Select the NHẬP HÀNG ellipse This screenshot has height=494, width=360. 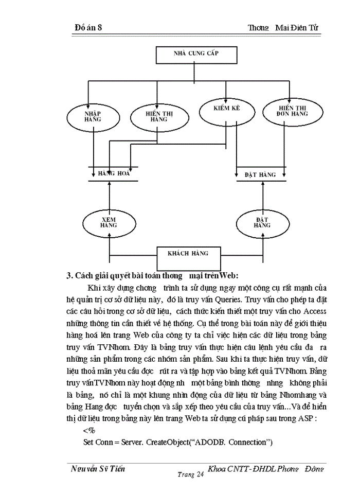click(93, 116)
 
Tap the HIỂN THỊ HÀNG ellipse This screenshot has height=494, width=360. click(155, 117)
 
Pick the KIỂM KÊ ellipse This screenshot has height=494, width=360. click(227, 110)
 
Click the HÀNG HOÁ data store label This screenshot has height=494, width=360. click(114, 173)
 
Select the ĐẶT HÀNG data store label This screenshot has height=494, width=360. click(260, 175)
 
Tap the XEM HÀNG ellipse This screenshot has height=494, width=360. click(109, 223)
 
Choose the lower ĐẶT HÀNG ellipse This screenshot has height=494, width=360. click(262, 223)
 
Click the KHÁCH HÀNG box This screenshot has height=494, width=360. click(188, 254)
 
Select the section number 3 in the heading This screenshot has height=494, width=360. click(70, 275)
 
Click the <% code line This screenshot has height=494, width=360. click(88, 430)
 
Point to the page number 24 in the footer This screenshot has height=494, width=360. click(200, 477)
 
